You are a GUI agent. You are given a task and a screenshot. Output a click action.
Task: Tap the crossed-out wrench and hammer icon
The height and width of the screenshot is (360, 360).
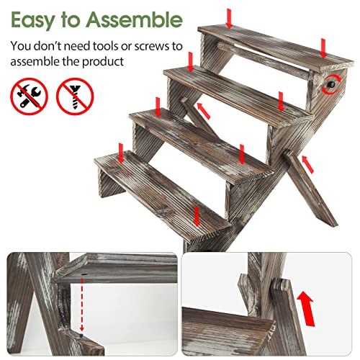point(29,95)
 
